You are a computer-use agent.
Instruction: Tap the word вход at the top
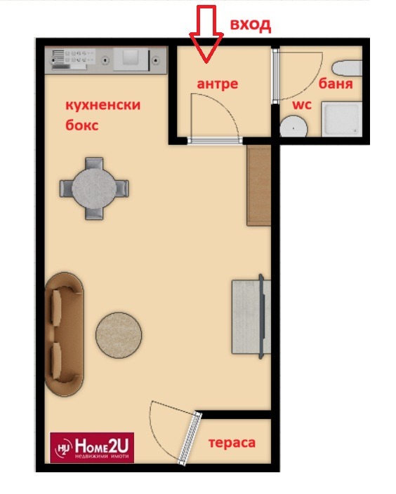(251, 25)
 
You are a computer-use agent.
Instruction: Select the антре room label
(218, 84)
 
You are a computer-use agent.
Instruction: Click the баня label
(336, 84)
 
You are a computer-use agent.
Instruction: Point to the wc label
(302, 104)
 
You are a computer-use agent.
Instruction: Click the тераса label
(232, 443)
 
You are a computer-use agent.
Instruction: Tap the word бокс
(82, 125)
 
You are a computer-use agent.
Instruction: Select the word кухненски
(103, 105)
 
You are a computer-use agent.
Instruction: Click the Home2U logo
(92, 448)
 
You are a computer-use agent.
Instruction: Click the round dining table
(94, 188)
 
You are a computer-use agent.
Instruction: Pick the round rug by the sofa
(119, 335)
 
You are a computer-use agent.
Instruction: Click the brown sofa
(65, 334)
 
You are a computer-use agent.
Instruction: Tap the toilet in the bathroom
(347, 69)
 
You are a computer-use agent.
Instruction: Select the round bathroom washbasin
(293, 127)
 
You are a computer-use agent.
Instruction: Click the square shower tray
(342, 119)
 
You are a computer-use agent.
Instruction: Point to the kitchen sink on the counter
(131, 59)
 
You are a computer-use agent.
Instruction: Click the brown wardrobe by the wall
(259, 185)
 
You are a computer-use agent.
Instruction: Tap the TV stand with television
(251, 316)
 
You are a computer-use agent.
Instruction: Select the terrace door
(190, 438)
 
